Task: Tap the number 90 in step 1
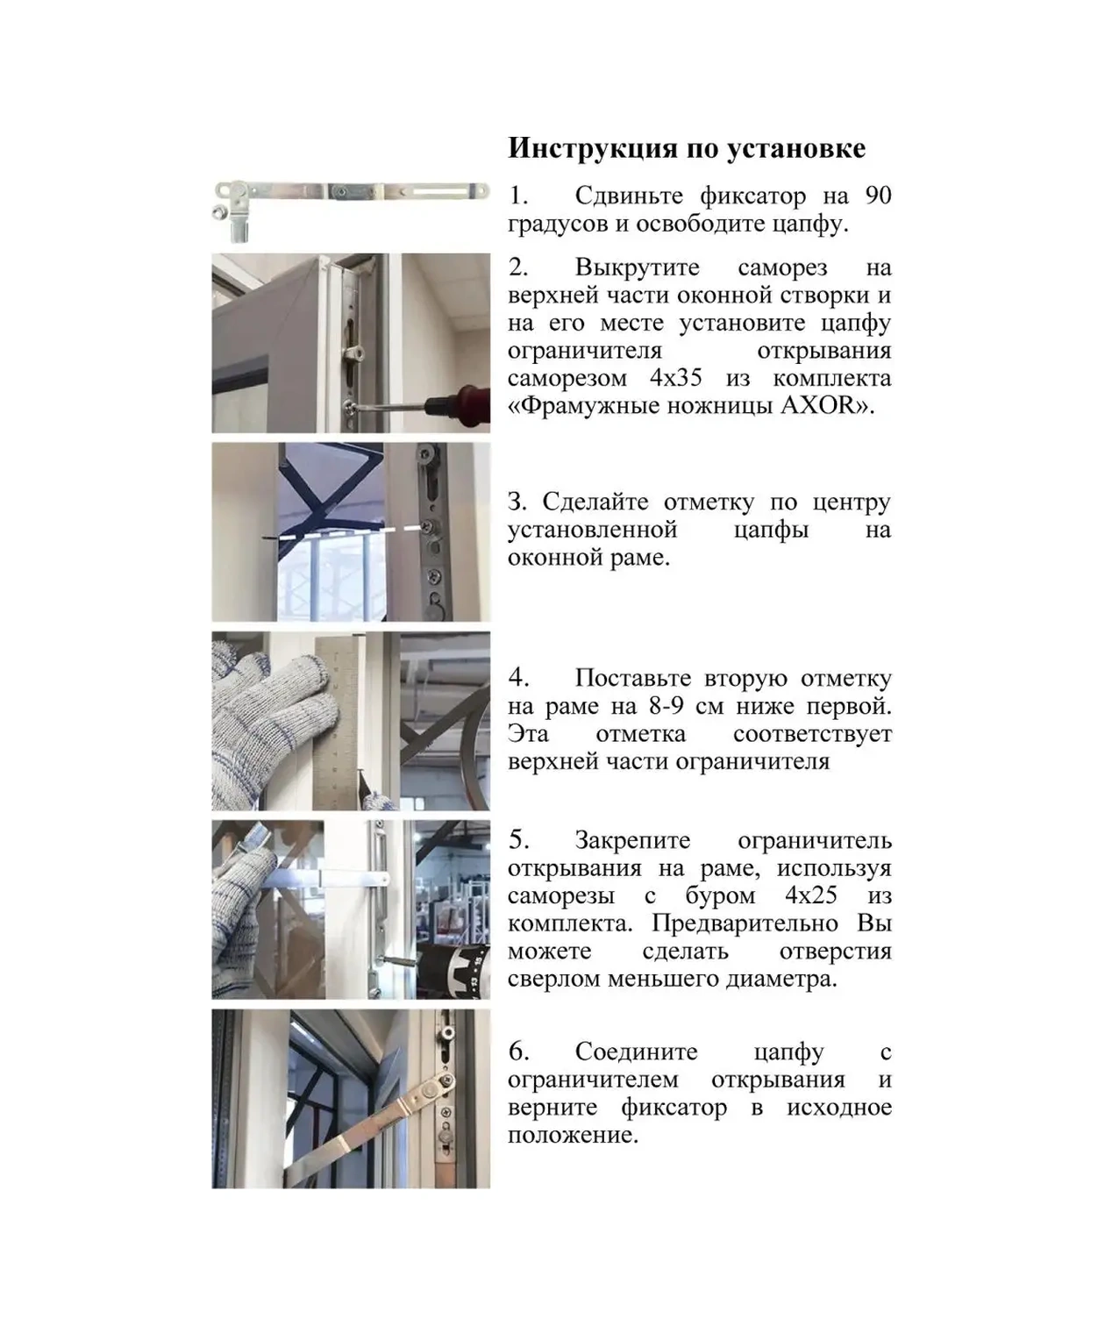tap(878, 195)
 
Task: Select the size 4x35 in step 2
tap(676, 378)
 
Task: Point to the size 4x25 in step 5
tap(810, 895)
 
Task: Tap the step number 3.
tap(517, 503)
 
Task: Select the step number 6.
tap(518, 1052)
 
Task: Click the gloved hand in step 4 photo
tap(267, 715)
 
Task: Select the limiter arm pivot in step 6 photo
tap(429, 1090)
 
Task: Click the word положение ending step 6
tap(572, 1135)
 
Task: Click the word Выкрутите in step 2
tap(637, 267)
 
